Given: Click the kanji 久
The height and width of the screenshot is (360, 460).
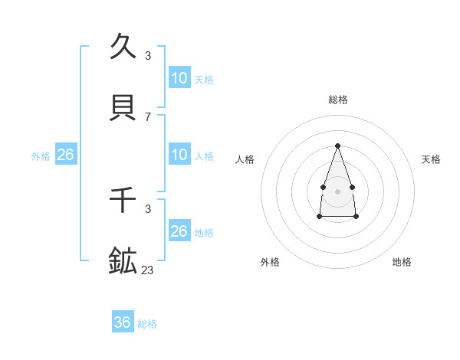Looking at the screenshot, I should (x=123, y=47).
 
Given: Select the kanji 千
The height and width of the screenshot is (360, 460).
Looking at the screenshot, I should (x=123, y=201).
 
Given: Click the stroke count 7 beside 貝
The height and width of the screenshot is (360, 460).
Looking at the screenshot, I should (x=148, y=116).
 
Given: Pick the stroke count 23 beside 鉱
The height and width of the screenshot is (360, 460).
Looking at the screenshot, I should (x=148, y=270).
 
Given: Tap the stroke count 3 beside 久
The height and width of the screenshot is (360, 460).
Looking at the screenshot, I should (x=148, y=56).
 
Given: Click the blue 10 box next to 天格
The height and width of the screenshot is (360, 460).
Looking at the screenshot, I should (x=179, y=78).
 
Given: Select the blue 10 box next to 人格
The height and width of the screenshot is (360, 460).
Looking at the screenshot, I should (x=179, y=155).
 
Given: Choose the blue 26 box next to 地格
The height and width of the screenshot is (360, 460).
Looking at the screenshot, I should (x=179, y=231).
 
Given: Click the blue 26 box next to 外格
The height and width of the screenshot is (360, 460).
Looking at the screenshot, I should (x=66, y=155).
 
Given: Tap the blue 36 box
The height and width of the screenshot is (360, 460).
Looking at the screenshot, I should (x=123, y=322).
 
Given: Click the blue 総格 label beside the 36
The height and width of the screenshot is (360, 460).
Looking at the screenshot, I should (x=147, y=324).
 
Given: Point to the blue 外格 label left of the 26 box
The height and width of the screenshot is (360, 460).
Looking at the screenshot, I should (x=41, y=156).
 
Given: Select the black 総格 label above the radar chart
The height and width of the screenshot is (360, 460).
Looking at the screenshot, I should (x=337, y=100).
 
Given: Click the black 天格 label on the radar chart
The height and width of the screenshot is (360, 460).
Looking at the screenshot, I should (x=431, y=159).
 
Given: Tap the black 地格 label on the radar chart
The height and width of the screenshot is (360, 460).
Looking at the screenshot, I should (x=402, y=262).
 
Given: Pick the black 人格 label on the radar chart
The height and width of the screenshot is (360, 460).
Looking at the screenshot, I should (x=245, y=159).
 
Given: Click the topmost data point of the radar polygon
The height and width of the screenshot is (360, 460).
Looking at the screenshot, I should (x=337, y=146).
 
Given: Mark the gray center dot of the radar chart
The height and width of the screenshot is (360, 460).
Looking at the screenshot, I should (x=337, y=190).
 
